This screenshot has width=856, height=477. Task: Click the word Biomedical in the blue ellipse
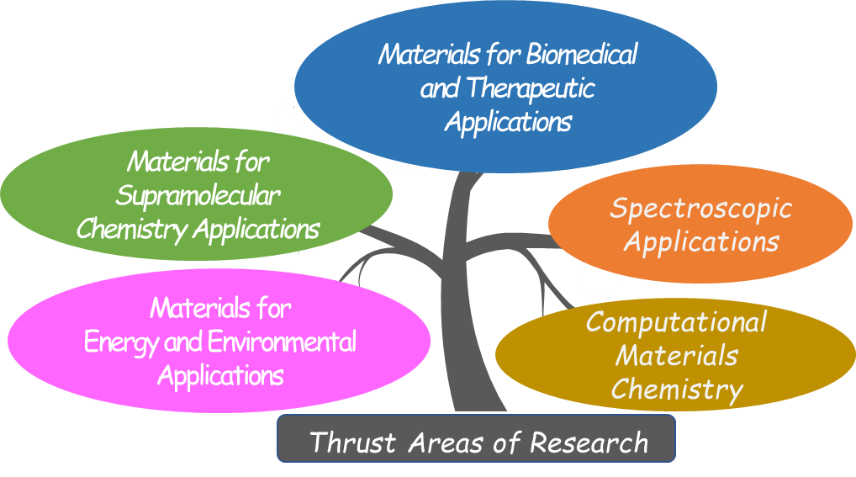click(582, 55)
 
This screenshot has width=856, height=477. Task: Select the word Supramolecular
click(198, 196)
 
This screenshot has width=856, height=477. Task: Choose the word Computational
click(676, 322)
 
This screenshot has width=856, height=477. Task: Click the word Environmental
click(282, 342)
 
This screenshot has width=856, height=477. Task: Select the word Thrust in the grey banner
click(352, 442)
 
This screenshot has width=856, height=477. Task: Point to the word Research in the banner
click(589, 442)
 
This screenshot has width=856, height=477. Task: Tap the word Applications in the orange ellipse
click(701, 242)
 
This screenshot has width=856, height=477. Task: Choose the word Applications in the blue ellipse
click(508, 122)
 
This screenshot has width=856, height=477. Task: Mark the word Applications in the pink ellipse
click(220, 376)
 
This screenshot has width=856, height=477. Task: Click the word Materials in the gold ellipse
click(677, 356)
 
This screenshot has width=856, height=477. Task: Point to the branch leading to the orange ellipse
click(508, 241)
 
